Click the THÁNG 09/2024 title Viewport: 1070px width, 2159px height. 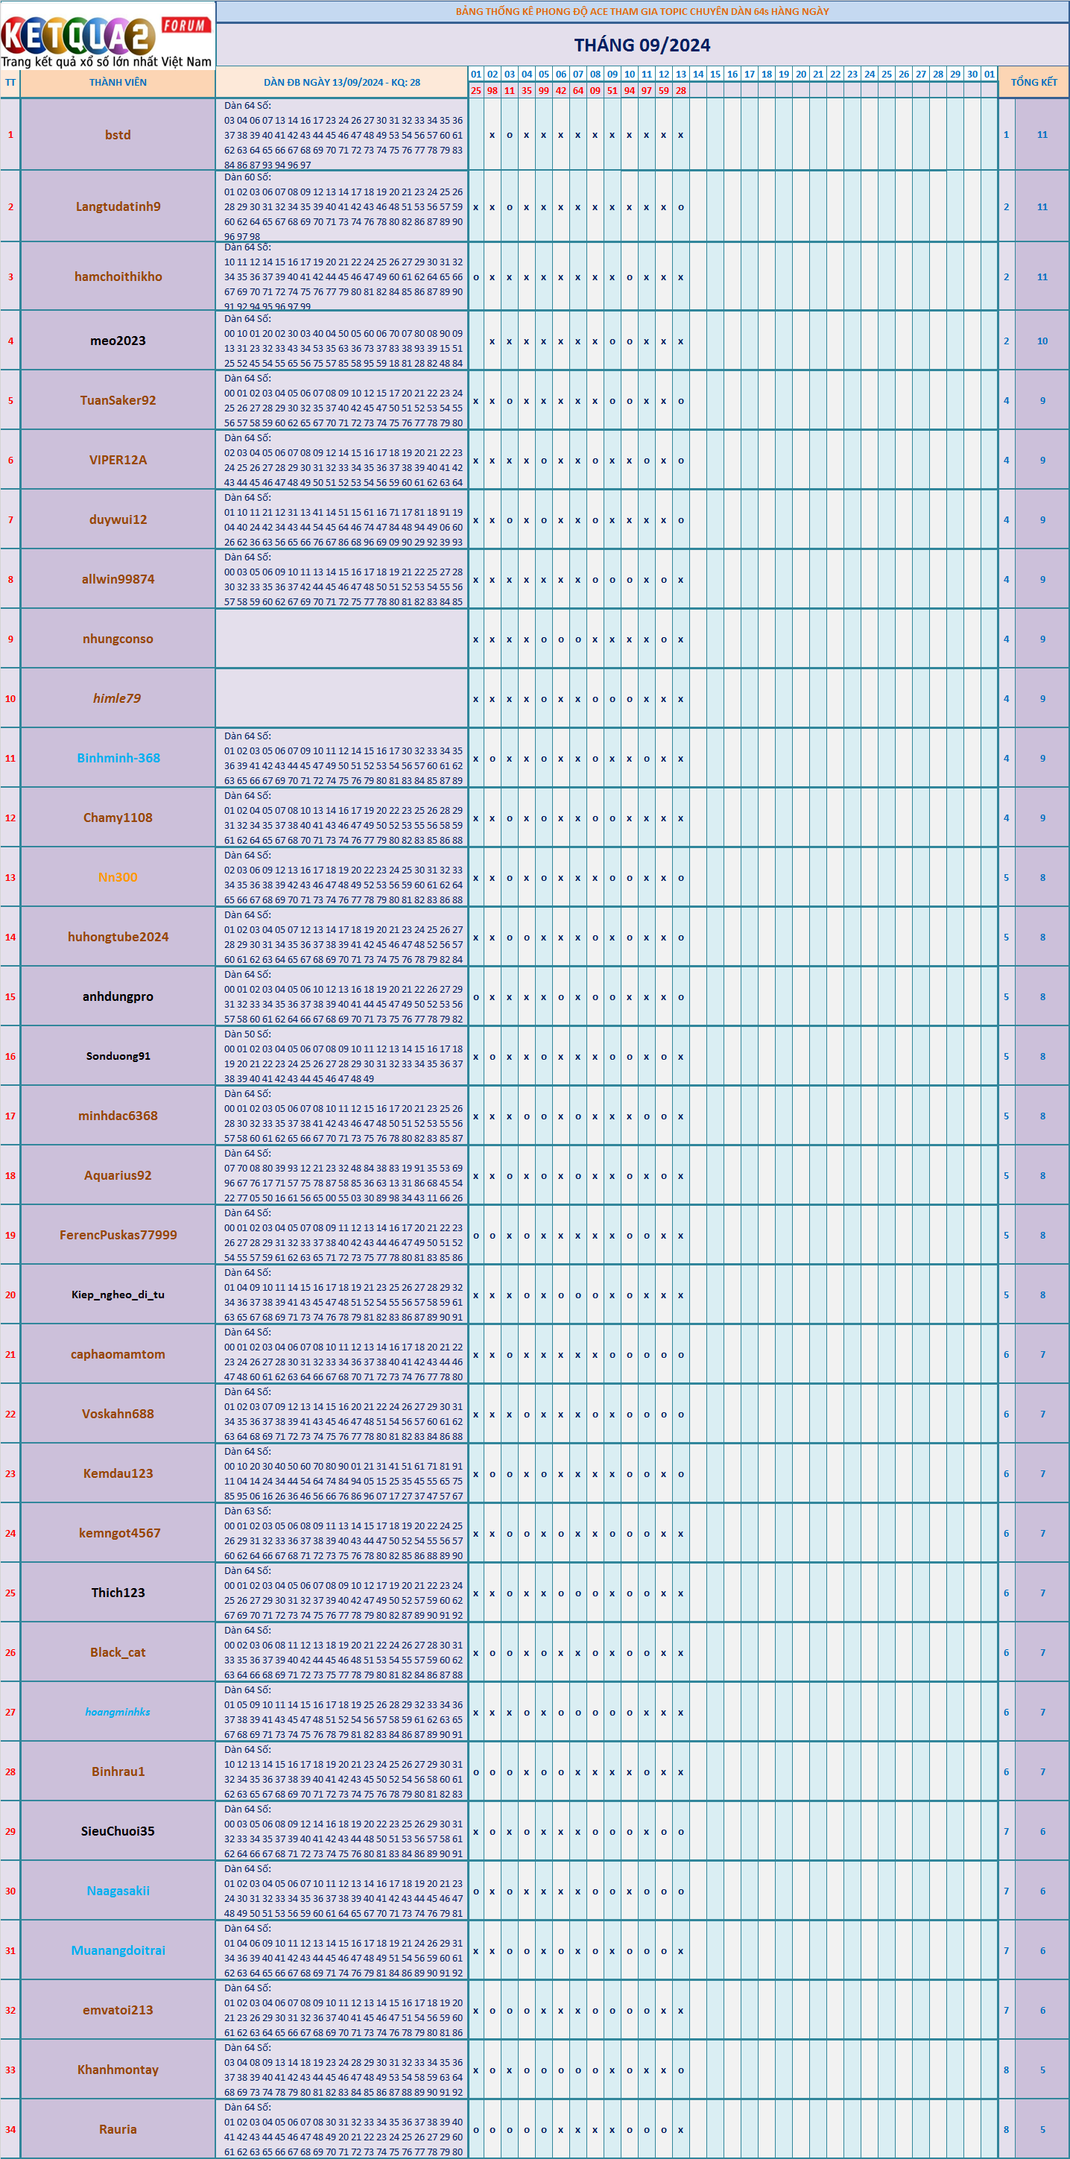click(642, 45)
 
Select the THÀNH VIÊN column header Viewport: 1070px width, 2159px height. click(118, 82)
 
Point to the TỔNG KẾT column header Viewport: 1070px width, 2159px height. click(1034, 82)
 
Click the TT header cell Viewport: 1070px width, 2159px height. click(10, 82)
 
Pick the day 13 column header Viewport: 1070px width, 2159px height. click(680, 74)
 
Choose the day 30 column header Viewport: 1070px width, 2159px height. click(972, 74)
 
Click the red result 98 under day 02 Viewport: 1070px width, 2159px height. click(492, 90)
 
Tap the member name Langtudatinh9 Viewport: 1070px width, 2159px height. click(118, 207)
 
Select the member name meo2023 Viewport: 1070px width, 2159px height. click(118, 341)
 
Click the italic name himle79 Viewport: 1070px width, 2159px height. click(117, 698)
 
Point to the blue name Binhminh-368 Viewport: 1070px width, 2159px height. click(118, 758)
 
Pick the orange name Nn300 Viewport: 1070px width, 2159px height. click(118, 877)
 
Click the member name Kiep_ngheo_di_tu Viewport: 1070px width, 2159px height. click(118, 1295)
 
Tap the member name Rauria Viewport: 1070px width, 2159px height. click(118, 2129)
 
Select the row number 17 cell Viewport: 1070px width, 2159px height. click(10, 1116)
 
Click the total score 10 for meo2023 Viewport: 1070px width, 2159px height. click(1042, 341)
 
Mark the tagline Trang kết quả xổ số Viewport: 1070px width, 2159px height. click(106, 61)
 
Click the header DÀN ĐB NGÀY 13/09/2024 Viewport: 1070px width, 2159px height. click(342, 82)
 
